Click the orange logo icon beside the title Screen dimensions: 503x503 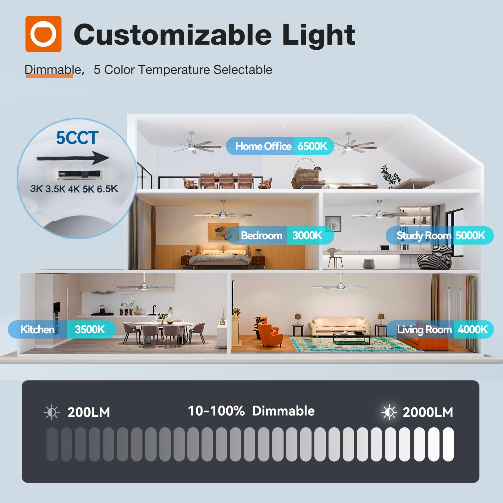click(43, 34)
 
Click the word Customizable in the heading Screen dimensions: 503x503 click(173, 35)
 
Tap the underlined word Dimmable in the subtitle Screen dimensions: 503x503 click(53, 70)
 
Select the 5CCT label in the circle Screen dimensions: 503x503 click(77, 138)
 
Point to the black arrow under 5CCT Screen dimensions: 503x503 click(73, 158)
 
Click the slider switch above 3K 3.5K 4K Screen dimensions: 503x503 click(80, 174)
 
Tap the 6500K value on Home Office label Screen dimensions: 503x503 click(312, 146)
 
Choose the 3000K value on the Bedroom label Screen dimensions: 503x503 click(307, 235)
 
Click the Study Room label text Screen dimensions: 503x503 click(424, 235)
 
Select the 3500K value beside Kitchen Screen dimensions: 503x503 click(90, 329)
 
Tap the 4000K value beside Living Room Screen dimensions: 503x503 click(473, 329)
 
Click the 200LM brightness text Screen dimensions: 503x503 click(89, 412)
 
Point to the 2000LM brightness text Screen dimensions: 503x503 click(428, 412)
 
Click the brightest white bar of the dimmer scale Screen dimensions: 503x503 click(448, 444)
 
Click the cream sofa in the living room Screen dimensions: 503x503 click(340, 326)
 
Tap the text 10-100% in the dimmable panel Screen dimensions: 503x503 click(216, 411)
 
